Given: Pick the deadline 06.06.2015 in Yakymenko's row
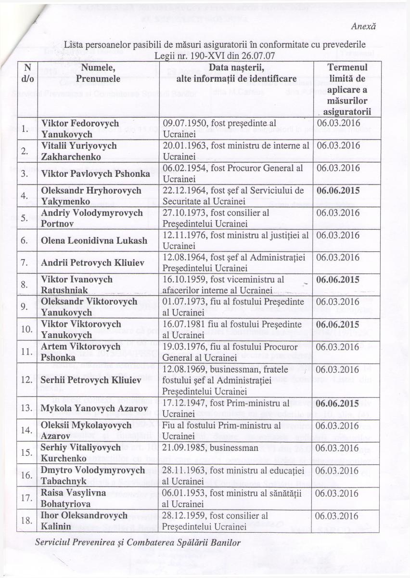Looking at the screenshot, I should [x=338, y=191].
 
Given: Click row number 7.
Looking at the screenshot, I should [x=26, y=263].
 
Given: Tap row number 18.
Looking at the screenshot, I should [x=26, y=520].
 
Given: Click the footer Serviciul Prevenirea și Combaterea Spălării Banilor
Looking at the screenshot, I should [x=138, y=541].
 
